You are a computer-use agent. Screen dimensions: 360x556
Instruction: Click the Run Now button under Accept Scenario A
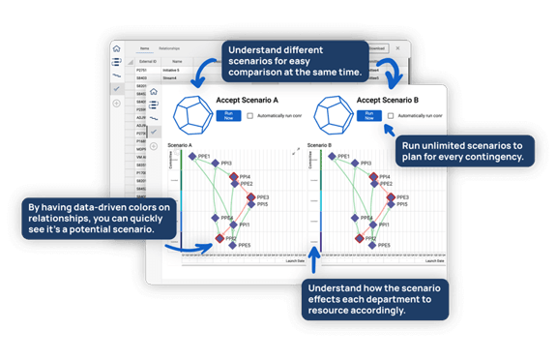(228, 115)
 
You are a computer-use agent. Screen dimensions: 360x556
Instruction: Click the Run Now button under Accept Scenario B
(366, 115)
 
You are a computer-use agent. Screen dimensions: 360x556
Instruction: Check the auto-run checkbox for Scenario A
(250, 115)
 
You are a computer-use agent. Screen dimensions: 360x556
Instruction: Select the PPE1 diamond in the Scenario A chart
(194, 157)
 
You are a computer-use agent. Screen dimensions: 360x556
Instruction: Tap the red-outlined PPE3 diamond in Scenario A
(251, 197)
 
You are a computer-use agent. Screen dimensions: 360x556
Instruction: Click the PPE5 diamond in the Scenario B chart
(371, 245)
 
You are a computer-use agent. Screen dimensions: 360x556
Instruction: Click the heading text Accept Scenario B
(388, 99)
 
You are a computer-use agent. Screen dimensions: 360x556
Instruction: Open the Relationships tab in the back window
(170, 45)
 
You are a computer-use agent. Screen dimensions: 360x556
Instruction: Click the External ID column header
(147, 59)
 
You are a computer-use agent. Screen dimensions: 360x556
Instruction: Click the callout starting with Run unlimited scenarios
(462, 149)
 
